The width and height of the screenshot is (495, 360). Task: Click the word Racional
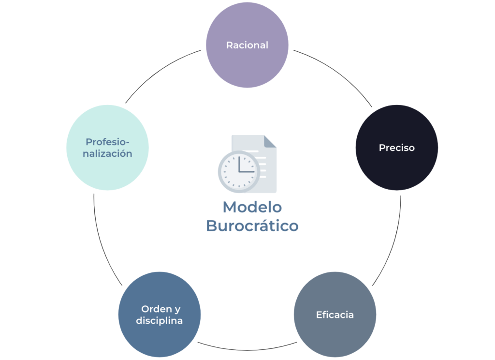247,45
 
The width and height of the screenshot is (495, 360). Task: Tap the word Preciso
397,148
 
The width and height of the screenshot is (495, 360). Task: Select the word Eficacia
335,315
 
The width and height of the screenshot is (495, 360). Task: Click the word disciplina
160,320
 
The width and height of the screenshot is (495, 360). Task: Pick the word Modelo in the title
252,208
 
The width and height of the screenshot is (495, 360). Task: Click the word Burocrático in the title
252,225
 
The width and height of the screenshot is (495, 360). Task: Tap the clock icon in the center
239,172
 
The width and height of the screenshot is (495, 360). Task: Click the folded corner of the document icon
270,141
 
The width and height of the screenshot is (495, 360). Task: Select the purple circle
247,45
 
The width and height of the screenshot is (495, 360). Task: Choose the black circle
397,148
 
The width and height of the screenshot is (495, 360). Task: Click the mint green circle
107,148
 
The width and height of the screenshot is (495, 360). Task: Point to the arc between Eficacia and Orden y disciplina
247,350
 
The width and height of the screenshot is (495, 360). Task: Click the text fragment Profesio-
107,142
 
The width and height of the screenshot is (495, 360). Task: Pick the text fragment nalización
107,153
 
